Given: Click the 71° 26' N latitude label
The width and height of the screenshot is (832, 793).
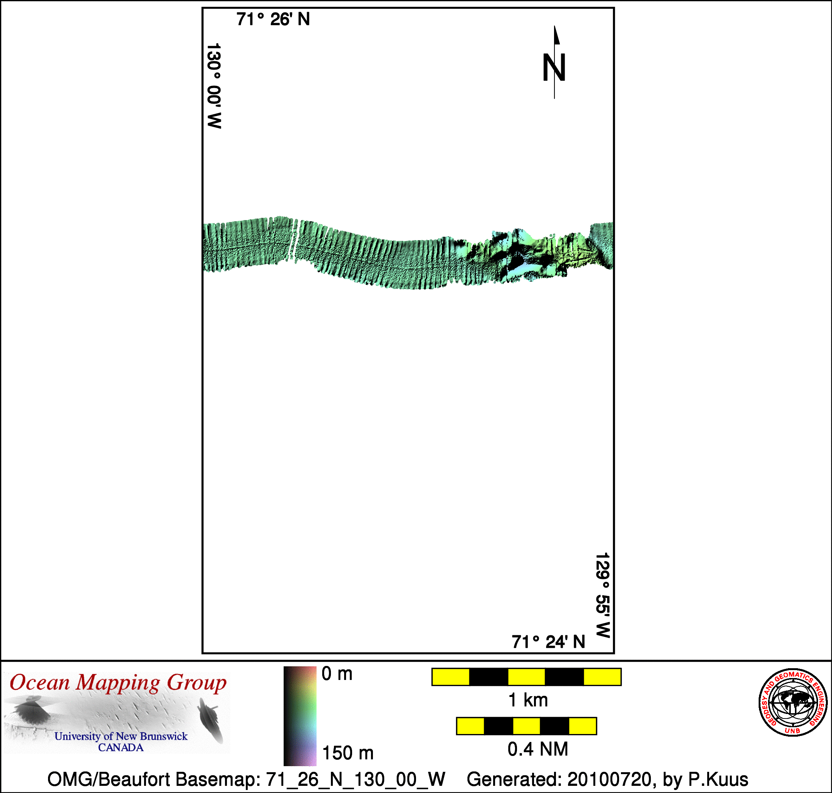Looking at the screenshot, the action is point(273,19).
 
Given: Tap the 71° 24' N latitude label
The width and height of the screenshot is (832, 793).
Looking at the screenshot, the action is point(548,642).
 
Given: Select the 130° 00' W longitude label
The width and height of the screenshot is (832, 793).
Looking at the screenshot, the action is point(214,85).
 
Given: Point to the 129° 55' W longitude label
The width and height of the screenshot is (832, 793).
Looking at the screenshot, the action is point(602,595).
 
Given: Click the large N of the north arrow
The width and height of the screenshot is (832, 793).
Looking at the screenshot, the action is point(554,68).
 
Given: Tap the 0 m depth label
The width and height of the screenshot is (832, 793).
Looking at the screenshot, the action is point(337,674).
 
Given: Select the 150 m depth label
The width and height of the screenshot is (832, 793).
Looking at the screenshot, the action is point(348,753).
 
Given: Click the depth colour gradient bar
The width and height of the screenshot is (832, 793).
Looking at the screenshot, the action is point(300,716).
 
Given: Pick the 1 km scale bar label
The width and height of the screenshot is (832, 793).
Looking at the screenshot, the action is point(528,700).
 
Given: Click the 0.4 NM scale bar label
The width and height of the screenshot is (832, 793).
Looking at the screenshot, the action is point(538,750).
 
